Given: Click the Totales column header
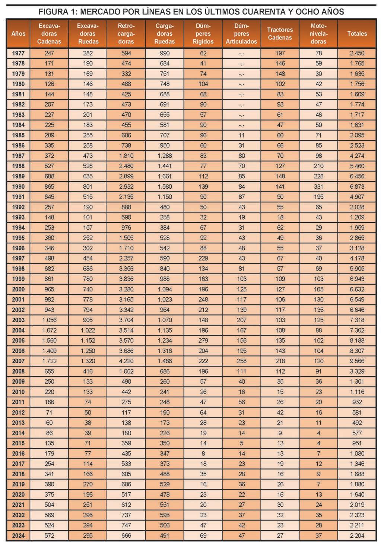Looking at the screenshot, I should click(357, 33).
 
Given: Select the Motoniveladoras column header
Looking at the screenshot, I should click(318, 33).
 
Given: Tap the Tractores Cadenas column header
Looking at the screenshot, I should click(280, 33).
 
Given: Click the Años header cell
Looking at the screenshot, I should click(18, 33).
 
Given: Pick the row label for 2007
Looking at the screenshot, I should click(18, 361).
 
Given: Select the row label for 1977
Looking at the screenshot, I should click(18, 53).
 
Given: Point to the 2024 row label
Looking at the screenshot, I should click(18, 535).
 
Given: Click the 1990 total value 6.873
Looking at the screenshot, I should click(357, 186).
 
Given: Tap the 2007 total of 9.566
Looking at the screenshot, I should click(357, 361).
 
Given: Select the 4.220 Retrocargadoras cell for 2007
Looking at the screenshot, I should click(126, 361).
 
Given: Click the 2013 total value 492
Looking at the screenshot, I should click(357, 423).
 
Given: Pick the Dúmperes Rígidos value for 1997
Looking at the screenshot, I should click(203, 258).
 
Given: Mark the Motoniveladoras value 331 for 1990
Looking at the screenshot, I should click(318, 186).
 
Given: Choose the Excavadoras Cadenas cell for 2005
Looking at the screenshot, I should click(49, 340).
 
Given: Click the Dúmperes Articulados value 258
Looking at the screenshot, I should click(241, 361).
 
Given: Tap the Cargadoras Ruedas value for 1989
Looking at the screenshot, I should click(164, 176).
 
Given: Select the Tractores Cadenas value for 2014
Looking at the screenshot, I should click(280, 433).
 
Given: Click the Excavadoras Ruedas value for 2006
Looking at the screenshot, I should click(88, 351).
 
